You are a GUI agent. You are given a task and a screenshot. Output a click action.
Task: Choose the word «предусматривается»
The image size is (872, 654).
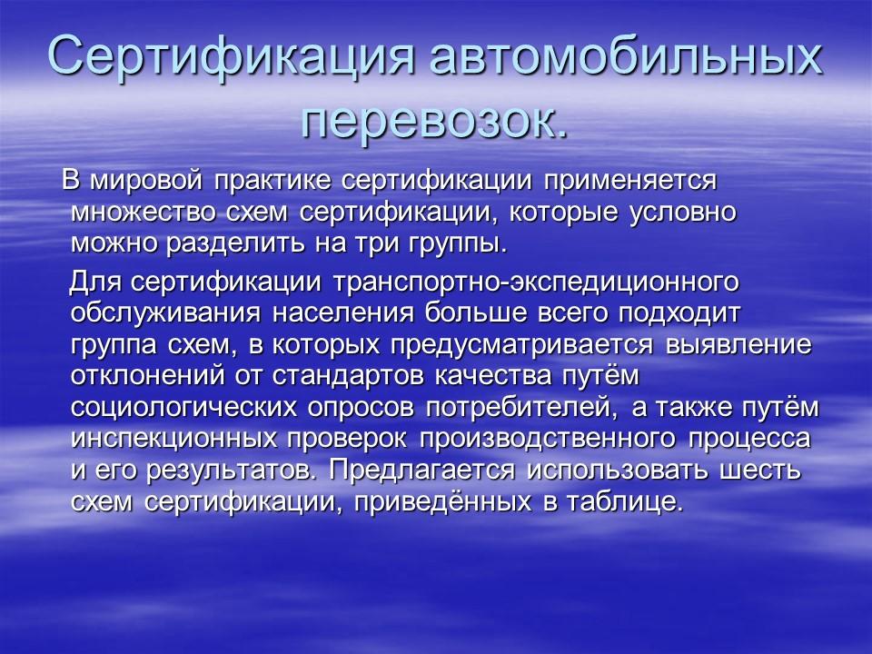tap(521, 345)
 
